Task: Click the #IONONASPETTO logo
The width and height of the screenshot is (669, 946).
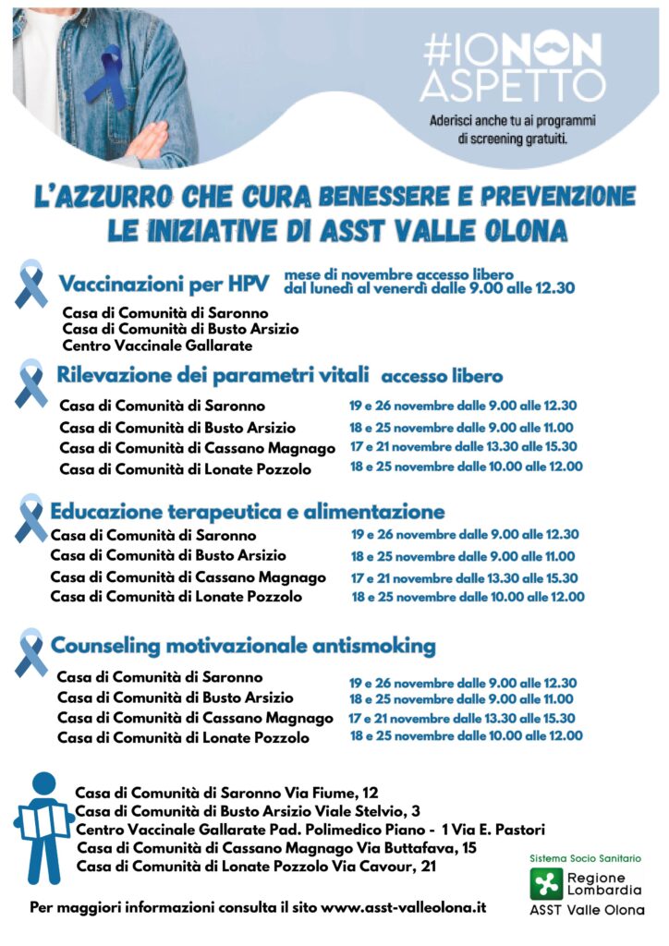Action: (512, 67)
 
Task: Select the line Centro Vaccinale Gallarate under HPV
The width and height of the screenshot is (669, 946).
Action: (157, 346)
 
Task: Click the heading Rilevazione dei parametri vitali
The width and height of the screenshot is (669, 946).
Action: (213, 375)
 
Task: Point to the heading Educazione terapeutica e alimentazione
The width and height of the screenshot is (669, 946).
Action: (248, 511)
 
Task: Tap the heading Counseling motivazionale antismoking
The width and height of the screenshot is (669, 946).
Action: (243, 645)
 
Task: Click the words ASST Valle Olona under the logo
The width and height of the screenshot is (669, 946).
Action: (586, 910)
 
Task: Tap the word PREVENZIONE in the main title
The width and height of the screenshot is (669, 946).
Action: (544, 197)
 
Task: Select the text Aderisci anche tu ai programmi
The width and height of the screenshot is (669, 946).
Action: (512, 121)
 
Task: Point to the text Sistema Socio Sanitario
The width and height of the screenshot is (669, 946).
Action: (585, 858)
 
